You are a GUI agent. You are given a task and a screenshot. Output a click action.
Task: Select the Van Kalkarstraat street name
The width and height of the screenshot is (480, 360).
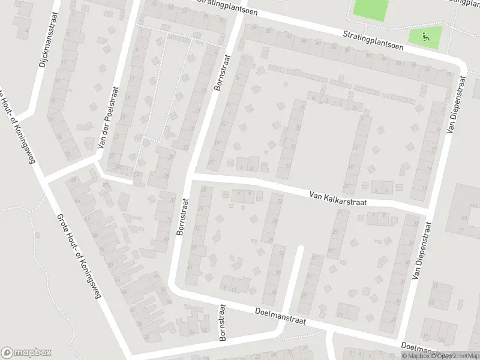tap(337, 199)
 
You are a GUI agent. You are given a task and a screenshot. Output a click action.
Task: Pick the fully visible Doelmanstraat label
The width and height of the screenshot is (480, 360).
tap(280, 317)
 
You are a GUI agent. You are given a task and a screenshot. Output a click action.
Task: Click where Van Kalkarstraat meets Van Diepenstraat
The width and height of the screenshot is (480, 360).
tap(430, 206)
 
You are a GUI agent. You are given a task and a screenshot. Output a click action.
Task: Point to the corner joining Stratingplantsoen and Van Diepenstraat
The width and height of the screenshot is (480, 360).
tap(461, 62)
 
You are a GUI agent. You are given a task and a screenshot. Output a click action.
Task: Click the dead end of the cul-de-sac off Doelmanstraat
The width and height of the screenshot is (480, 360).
tap(301, 248)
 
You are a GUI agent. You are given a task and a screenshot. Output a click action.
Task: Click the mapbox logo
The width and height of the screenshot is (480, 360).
tap(26, 353)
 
